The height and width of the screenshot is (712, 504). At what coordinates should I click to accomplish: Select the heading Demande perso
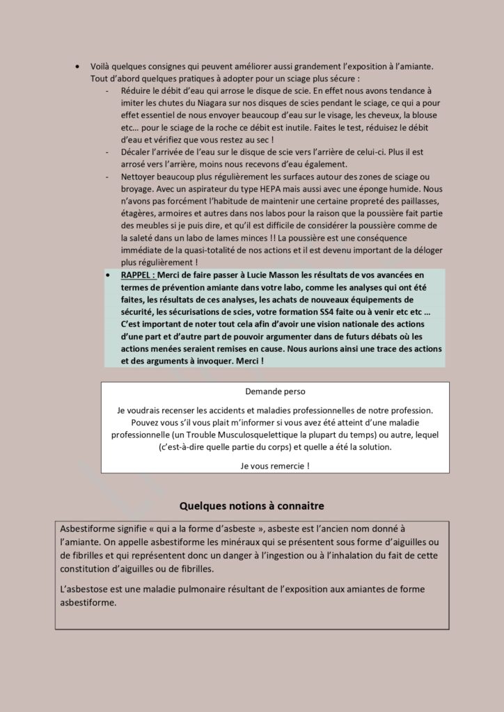275,392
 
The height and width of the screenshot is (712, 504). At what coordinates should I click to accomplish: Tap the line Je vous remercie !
275,466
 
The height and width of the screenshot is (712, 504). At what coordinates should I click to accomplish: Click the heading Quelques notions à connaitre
251,505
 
